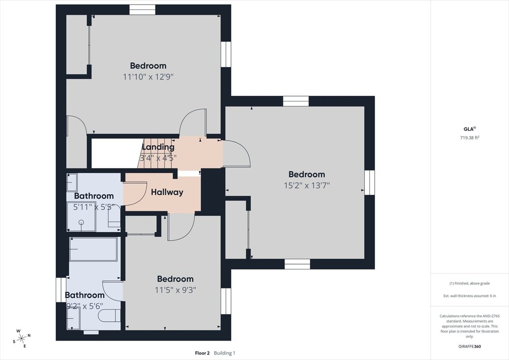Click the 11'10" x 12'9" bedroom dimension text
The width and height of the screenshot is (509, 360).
point(148,77)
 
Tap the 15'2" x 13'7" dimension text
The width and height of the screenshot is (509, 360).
point(307,185)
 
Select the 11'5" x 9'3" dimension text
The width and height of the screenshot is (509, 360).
point(175,290)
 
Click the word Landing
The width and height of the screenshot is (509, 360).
point(158,147)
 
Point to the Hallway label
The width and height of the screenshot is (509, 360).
point(167,192)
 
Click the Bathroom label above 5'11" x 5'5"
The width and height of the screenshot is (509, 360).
point(94,196)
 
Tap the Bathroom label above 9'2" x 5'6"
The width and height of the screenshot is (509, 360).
point(85,295)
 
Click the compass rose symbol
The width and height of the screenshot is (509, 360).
point(21,339)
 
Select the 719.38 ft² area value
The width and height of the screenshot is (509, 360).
point(470,138)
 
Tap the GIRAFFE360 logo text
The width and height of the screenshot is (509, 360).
point(470,347)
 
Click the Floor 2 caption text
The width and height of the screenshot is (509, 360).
point(202,353)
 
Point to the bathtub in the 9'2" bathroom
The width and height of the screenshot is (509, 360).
point(93,249)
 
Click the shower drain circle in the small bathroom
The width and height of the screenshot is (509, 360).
point(81,222)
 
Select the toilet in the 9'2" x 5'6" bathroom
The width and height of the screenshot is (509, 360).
point(109,316)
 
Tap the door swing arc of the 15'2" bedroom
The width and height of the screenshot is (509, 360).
point(242,151)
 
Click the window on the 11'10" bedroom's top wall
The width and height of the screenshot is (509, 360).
point(143,10)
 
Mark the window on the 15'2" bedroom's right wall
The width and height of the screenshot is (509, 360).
point(369,182)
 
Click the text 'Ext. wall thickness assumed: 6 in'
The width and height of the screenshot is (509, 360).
point(470,296)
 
